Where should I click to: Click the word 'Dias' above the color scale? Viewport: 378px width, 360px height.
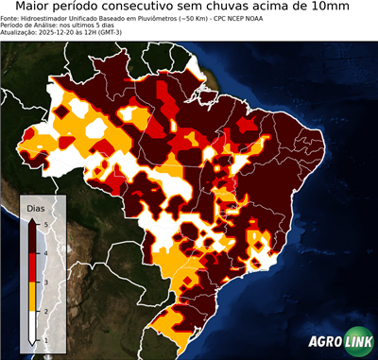[x=35, y=207]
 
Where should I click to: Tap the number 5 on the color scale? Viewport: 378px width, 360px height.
[x=44, y=223]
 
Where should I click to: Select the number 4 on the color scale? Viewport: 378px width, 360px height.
[x=44, y=252]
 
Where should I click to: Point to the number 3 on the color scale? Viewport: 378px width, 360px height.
[x=44, y=282]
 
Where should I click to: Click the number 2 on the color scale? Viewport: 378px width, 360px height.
[x=44, y=310]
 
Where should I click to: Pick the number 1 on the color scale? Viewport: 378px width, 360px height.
[x=44, y=339]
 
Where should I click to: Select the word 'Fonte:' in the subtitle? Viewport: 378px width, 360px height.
[x=10, y=17]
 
